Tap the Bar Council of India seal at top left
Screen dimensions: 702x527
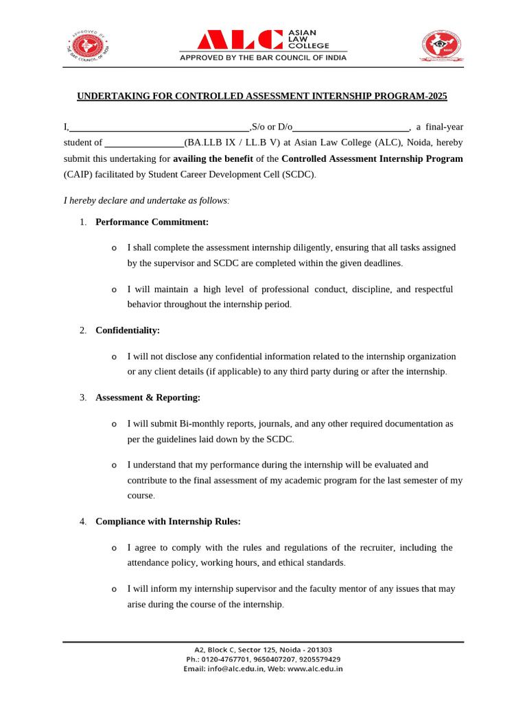coord(90,47)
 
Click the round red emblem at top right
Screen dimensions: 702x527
coord(441,47)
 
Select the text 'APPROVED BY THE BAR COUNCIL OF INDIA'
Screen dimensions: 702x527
coord(263,58)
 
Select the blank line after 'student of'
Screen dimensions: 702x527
coord(143,143)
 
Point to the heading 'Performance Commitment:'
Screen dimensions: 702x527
coord(152,221)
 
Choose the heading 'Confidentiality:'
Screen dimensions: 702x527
coord(128,330)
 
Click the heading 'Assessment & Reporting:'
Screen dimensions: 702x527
coord(148,398)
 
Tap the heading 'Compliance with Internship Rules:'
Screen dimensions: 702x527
coord(168,522)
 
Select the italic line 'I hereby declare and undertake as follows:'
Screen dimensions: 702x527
coord(147,200)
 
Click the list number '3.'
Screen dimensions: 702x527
coord(82,398)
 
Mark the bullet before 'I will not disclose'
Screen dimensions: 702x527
coord(114,357)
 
